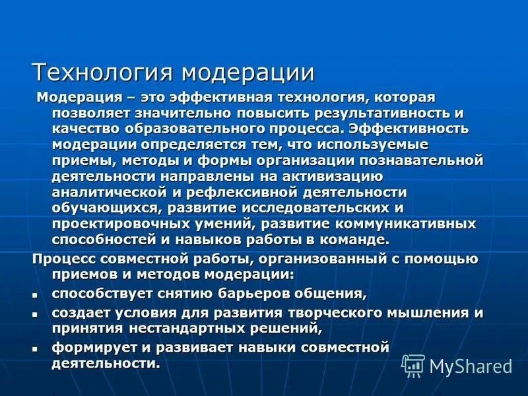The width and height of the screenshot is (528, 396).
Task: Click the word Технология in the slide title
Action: coord(104,71)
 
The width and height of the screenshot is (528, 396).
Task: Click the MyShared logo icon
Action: coord(414,365)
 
